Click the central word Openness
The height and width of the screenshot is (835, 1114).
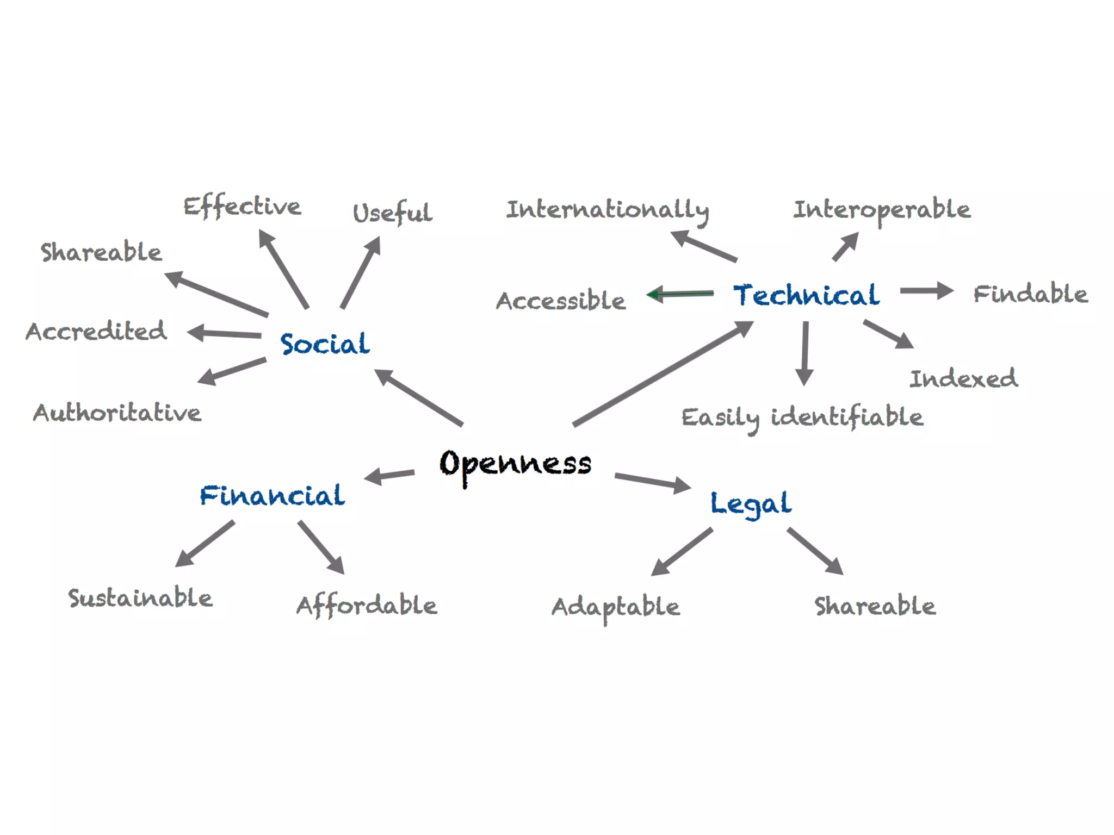point(515,464)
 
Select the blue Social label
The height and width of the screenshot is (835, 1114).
point(325,344)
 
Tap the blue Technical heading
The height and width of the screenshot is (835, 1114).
point(806,295)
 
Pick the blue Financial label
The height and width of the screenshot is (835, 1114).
point(272,495)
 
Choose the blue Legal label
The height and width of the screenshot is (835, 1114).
point(751,503)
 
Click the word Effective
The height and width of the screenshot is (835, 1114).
point(242,207)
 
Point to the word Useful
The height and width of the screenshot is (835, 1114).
point(392,213)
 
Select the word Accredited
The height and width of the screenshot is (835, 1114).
point(96,331)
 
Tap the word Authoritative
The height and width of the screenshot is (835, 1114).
point(117,413)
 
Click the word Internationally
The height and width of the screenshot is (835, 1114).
point(608,210)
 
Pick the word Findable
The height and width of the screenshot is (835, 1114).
point(1030,294)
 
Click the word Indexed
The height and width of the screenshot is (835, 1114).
point(963,379)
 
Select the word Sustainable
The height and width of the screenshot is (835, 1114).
point(140,598)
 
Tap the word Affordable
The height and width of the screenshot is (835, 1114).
point(367,606)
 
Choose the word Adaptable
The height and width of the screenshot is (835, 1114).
point(616,607)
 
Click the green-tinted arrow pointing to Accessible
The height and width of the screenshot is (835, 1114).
point(680,294)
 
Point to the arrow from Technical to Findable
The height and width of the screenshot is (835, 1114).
point(926,291)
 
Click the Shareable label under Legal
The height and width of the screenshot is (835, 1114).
point(875,606)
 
